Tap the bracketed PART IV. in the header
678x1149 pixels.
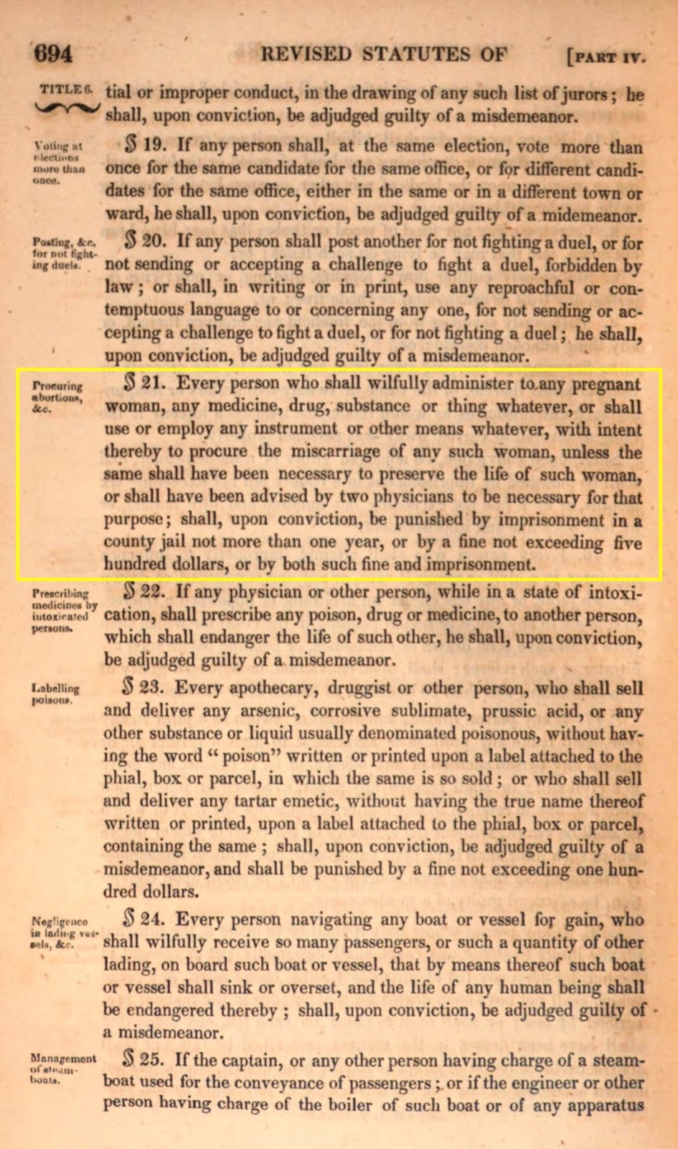(x=606, y=55)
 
